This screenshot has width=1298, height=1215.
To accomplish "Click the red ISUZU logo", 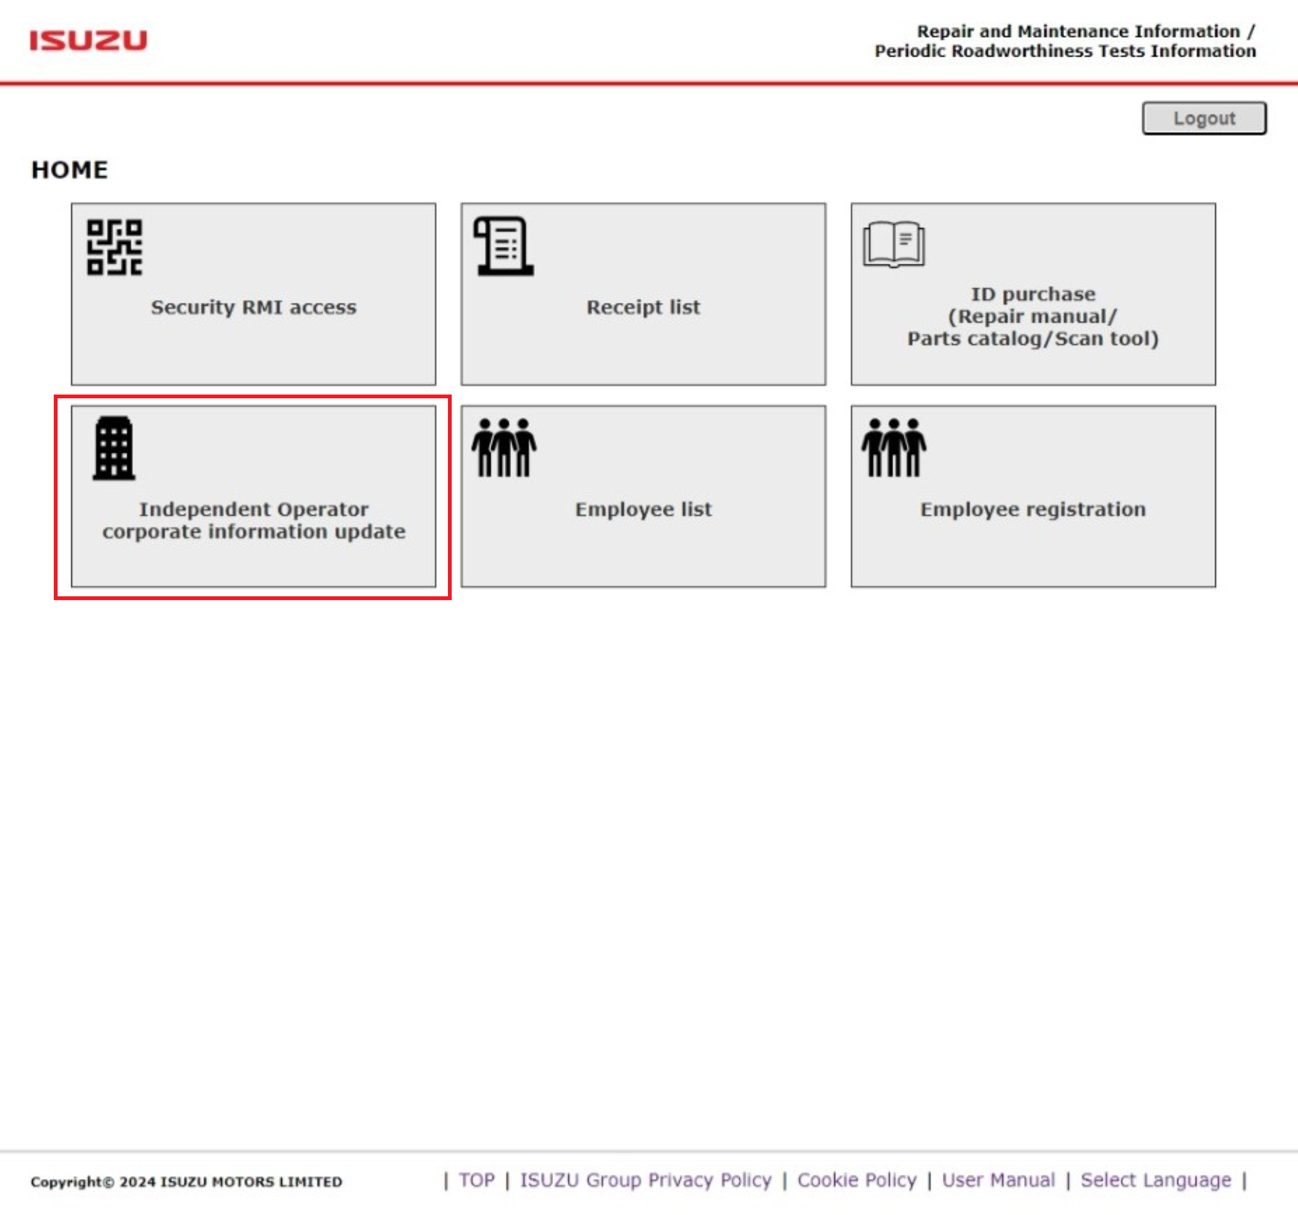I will (x=88, y=40).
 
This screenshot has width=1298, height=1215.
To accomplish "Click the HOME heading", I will (x=69, y=170).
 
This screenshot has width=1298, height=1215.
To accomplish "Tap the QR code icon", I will (x=114, y=247).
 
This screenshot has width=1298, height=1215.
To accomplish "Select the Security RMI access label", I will (x=253, y=307).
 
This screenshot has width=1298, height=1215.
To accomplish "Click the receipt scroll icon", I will (x=504, y=246).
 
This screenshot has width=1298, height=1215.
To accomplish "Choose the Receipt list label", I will (x=643, y=307).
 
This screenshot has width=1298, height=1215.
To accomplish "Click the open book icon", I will (x=893, y=245).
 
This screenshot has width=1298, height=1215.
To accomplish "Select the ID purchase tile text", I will (x=1032, y=316).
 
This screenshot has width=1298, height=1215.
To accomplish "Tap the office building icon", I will (x=114, y=448).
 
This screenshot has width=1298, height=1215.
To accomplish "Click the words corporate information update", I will (x=253, y=532).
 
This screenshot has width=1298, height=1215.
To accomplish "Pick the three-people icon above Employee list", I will (x=504, y=448).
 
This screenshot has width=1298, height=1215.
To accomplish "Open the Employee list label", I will (x=643, y=509).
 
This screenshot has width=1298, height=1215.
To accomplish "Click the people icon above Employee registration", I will (x=893, y=448).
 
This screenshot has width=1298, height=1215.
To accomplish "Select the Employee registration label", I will (x=1032, y=509).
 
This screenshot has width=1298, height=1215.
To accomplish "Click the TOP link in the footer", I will (x=476, y=1180).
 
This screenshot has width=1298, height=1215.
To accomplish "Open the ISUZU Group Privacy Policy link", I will (x=645, y=1180).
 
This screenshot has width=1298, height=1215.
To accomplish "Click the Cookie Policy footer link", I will (x=857, y=1180).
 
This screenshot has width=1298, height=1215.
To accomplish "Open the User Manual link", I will (x=998, y=1180).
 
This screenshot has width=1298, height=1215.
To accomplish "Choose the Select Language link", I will (x=1155, y=1180).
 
